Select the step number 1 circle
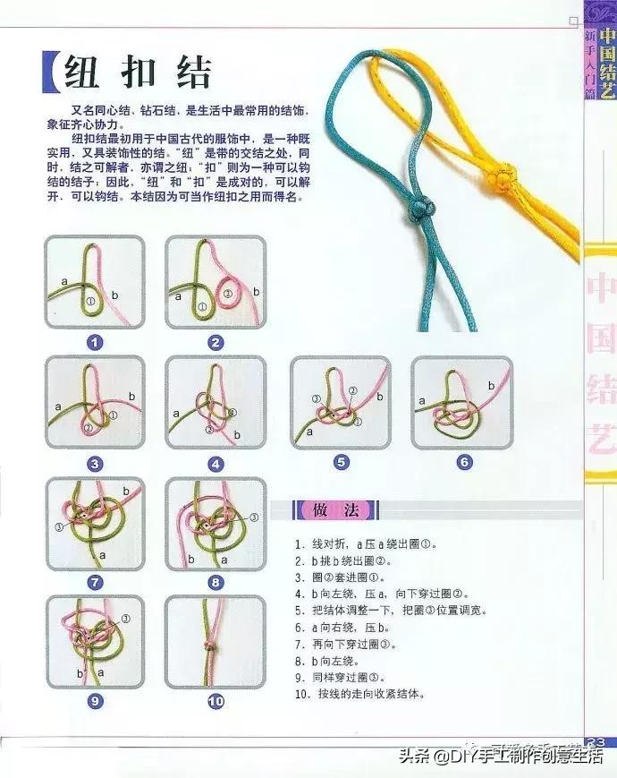(94, 342)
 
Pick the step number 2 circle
(215, 342)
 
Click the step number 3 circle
(94, 464)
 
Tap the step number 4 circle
(215, 464)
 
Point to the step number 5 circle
(341, 462)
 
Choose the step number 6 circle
(463, 462)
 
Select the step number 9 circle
(94, 701)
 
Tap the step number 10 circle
(215, 701)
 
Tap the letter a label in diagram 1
(64, 280)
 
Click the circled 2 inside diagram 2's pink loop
(227, 293)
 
